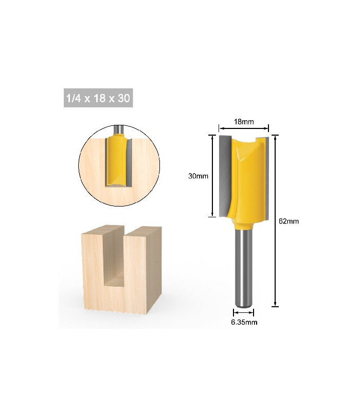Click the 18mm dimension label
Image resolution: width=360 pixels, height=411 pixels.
(x=243, y=122)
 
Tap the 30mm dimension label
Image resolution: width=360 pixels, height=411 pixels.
(x=197, y=176)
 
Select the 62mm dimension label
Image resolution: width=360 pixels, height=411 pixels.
(x=289, y=221)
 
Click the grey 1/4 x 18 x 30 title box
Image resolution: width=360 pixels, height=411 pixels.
(x=98, y=98)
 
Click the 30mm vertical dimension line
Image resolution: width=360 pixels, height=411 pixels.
(x=211, y=176)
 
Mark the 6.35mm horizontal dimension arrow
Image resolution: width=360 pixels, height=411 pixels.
(x=243, y=312)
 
